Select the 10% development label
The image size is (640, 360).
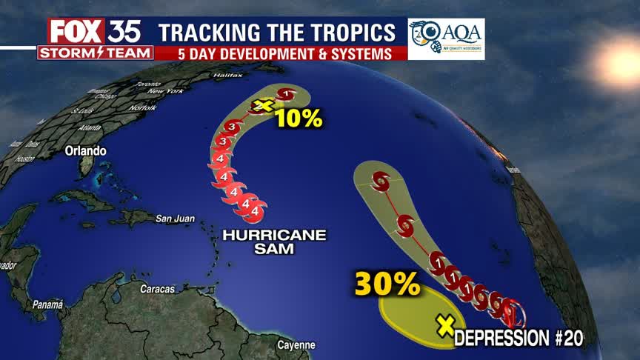point(299,117)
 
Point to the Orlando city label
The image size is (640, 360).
point(85,150)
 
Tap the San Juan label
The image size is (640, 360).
point(175,219)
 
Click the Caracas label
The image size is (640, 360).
point(157,289)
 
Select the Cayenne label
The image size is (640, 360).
point(296,345)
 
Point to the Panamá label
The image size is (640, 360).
point(48,304)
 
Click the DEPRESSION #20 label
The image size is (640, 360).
point(519,339)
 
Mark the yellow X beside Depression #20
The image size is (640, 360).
point(445,325)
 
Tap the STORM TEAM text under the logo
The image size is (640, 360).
point(96,53)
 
